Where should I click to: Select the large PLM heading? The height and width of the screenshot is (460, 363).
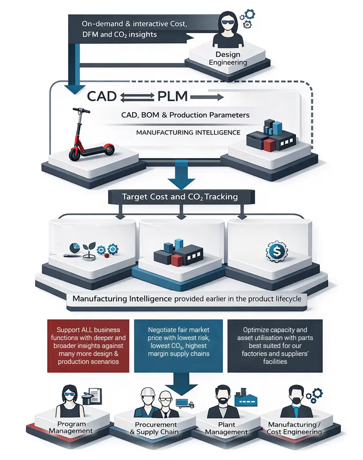click(x=170, y=96)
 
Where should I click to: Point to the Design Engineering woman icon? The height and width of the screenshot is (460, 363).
click(x=228, y=29)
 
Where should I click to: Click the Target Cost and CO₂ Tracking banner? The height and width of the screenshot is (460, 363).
click(x=181, y=197)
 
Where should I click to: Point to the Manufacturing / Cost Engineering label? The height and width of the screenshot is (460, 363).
click(x=294, y=428)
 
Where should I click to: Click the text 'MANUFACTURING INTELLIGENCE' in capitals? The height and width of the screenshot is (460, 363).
click(x=188, y=132)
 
